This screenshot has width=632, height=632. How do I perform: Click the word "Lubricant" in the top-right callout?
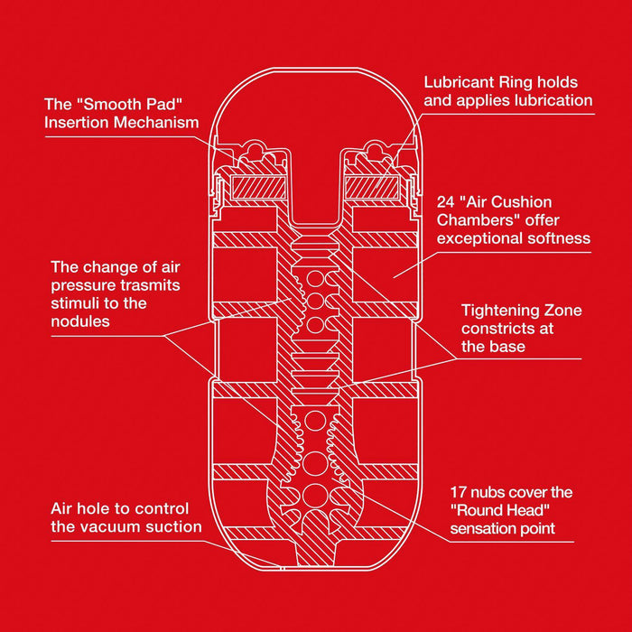tap(459, 82)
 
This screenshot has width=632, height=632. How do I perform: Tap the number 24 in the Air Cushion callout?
tap(444, 202)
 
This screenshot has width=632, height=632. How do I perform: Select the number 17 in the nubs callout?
tap(459, 492)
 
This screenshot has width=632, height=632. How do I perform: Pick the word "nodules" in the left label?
tap(80, 321)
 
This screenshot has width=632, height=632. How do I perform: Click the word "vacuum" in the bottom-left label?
tap(109, 526)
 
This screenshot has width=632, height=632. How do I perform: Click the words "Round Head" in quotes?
tap(500, 510)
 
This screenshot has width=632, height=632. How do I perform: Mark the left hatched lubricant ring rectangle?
tap(258, 188)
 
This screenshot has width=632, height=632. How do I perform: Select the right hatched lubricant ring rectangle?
tap(372, 188)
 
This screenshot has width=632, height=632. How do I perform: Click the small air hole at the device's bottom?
tap(282, 569)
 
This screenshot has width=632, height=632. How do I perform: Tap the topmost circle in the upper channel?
tap(315, 279)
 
